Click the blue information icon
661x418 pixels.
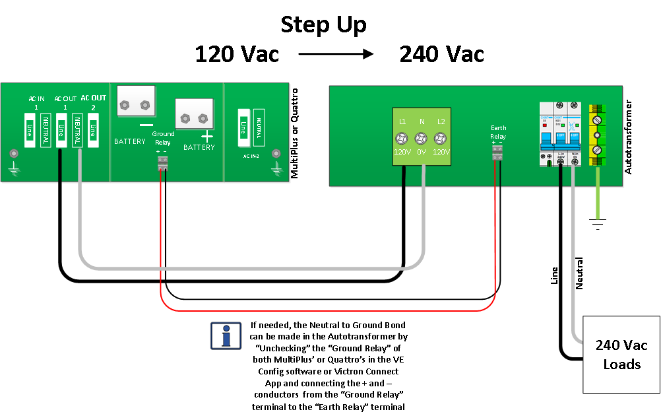click(226, 335)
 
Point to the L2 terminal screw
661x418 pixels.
click(441, 139)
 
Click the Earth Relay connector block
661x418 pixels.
click(498, 153)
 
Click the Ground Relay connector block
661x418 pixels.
click(162, 164)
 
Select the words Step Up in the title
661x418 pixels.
click(323, 24)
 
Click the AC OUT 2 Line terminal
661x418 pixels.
click(93, 129)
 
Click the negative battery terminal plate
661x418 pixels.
click(136, 104)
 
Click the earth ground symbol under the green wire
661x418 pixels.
click(598, 226)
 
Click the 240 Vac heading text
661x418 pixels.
click(442, 54)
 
